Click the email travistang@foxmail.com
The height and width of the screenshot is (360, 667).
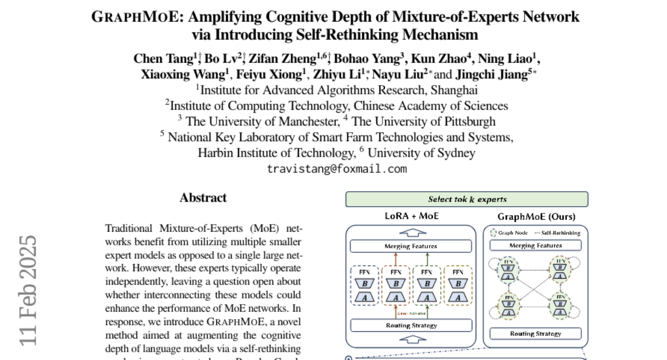337,168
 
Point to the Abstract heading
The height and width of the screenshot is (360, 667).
203,198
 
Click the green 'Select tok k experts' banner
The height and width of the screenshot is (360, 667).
467,199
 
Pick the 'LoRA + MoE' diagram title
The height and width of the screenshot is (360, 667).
411,216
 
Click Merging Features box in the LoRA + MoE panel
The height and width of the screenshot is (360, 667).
411,246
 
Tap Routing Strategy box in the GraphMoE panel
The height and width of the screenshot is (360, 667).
535,334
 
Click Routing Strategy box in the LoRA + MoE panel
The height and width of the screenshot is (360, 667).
411,326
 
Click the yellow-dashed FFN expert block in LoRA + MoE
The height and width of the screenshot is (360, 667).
457,284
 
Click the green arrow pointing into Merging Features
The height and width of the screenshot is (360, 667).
426,259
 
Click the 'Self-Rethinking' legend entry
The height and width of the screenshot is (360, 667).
558,233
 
